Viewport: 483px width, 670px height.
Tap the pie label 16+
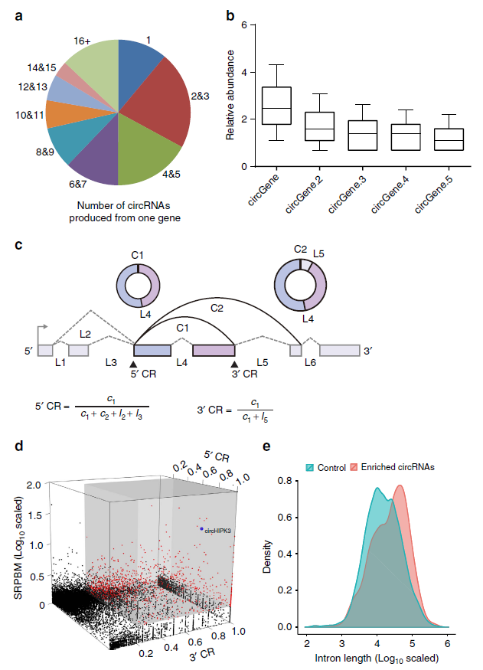pos(82,41)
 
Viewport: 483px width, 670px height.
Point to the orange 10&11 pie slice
pos(60,113)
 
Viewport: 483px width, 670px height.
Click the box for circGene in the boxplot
pos(277,106)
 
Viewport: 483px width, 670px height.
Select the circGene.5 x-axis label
pos(433,194)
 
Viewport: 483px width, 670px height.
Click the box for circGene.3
pos(362,136)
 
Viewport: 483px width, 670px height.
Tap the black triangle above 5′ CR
pos(133,364)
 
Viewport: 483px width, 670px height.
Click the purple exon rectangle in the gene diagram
pos(214,351)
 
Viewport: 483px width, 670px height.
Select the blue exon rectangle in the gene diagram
pos(152,351)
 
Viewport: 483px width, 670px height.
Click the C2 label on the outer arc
pos(217,308)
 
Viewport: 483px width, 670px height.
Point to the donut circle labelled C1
pos(139,286)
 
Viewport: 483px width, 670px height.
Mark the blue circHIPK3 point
pos(201,528)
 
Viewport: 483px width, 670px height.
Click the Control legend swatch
pos(309,467)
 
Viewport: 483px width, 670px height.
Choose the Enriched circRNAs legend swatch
pos(354,467)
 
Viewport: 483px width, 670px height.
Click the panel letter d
pos(19,446)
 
